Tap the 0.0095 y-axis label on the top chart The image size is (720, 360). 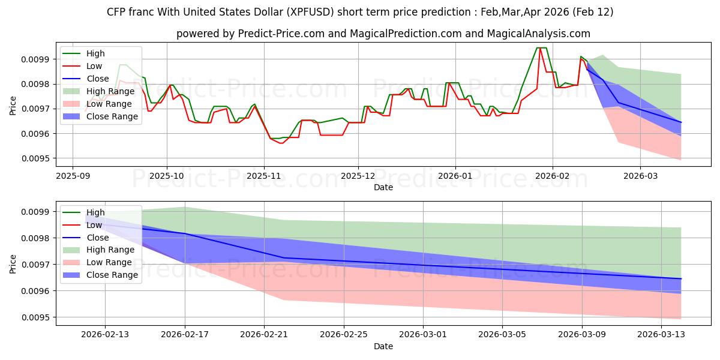35,158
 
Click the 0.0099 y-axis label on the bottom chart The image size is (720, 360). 35,212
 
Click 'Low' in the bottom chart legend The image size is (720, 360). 95,225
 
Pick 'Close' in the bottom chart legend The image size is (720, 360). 98,238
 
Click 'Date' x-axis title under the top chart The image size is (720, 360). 383,187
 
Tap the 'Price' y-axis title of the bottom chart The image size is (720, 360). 13,264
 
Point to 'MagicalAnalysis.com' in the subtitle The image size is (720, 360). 539,34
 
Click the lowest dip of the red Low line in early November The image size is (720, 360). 280,143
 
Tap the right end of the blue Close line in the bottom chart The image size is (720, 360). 681,278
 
